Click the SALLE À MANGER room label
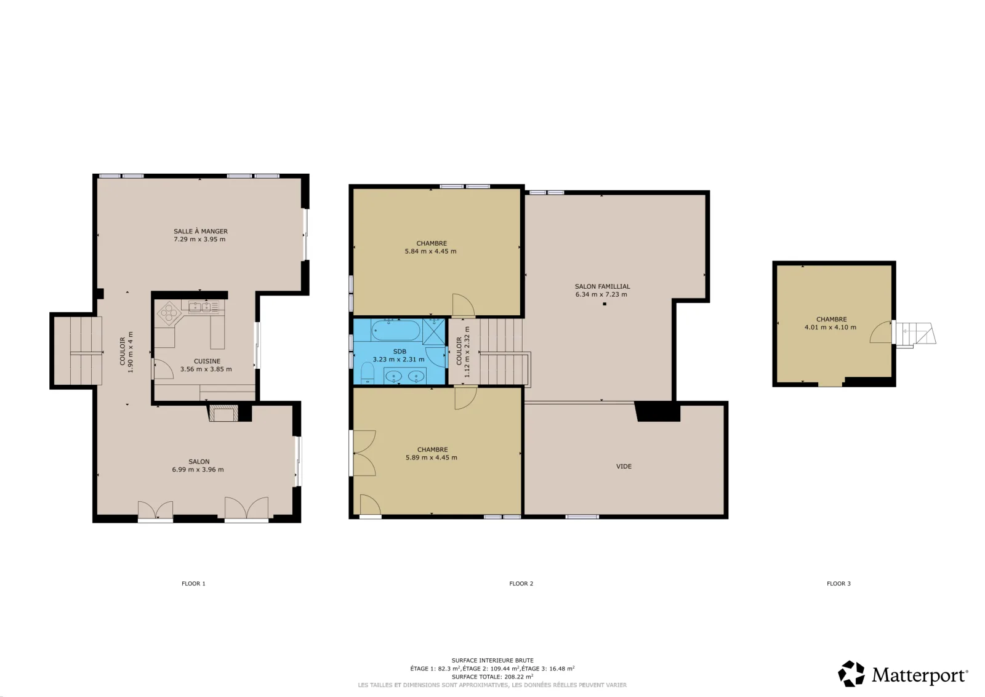coord(201,232)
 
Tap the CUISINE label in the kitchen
coord(207,361)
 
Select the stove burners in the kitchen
coord(169,313)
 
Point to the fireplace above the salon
coord(223,413)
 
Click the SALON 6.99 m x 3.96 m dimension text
coord(198,470)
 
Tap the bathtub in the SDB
coord(396,330)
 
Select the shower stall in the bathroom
coord(433,331)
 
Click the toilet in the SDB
coord(367,373)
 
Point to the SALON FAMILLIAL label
coord(603,287)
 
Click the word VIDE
coord(624,467)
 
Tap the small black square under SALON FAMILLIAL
coord(605,304)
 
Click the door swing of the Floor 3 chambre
coord(881,332)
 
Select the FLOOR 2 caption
coord(521,584)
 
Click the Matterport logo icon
coord(851,674)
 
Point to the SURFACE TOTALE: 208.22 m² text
coord(492,677)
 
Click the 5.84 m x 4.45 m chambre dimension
coord(430,252)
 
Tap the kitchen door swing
coord(163,369)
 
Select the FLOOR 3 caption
coord(838,584)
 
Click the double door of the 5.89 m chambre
coord(364,453)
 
